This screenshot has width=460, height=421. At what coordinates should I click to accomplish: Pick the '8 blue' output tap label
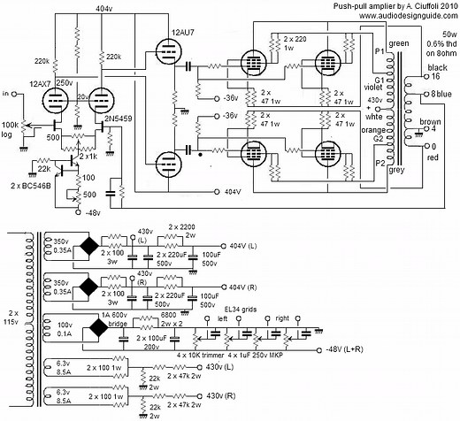[x=439, y=95]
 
